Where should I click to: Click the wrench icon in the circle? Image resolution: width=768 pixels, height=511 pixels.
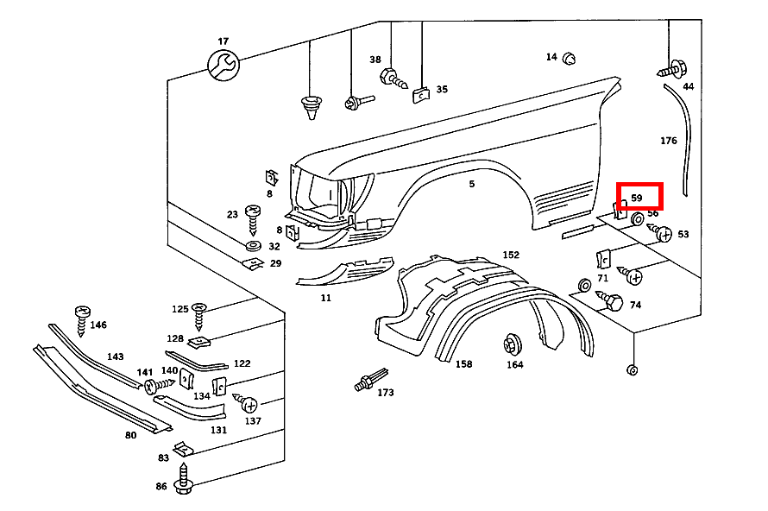click(223, 65)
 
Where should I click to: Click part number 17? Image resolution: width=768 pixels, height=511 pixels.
click(223, 41)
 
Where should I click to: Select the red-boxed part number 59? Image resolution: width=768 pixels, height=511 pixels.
click(638, 198)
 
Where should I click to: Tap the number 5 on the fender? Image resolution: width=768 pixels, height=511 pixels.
click(472, 184)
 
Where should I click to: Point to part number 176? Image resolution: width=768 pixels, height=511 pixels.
click(669, 141)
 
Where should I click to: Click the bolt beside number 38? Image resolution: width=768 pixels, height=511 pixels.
click(393, 79)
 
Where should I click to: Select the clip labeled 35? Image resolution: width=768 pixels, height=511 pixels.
click(420, 93)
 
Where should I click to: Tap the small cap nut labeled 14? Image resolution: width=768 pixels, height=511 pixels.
click(570, 59)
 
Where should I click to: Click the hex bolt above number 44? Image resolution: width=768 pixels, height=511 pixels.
click(674, 66)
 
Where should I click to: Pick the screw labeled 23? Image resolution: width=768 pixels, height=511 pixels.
click(253, 219)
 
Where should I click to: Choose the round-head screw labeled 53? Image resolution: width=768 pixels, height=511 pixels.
click(663, 233)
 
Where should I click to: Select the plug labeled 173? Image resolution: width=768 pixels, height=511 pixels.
click(367, 382)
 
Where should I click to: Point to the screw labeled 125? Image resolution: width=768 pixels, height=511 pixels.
click(200, 314)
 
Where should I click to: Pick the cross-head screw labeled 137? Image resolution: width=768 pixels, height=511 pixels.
click(249, 404)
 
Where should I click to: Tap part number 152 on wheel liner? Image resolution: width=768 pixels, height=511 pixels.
click(511, 255)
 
